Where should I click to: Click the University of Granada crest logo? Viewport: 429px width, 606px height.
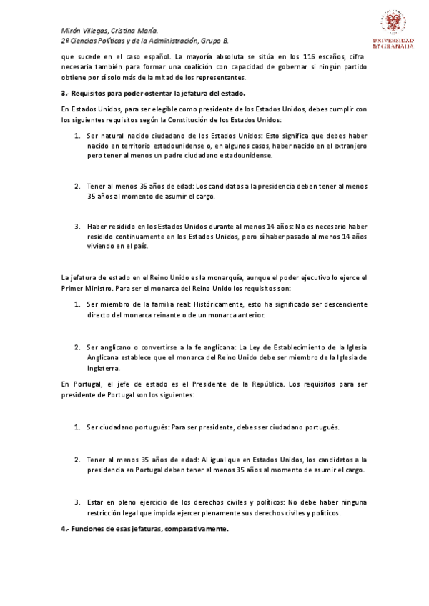[x=391, y=24]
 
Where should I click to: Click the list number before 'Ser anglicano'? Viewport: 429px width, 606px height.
[x=77, y=347]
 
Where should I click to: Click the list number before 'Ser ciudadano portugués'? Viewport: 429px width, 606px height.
[x=77, y=427]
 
